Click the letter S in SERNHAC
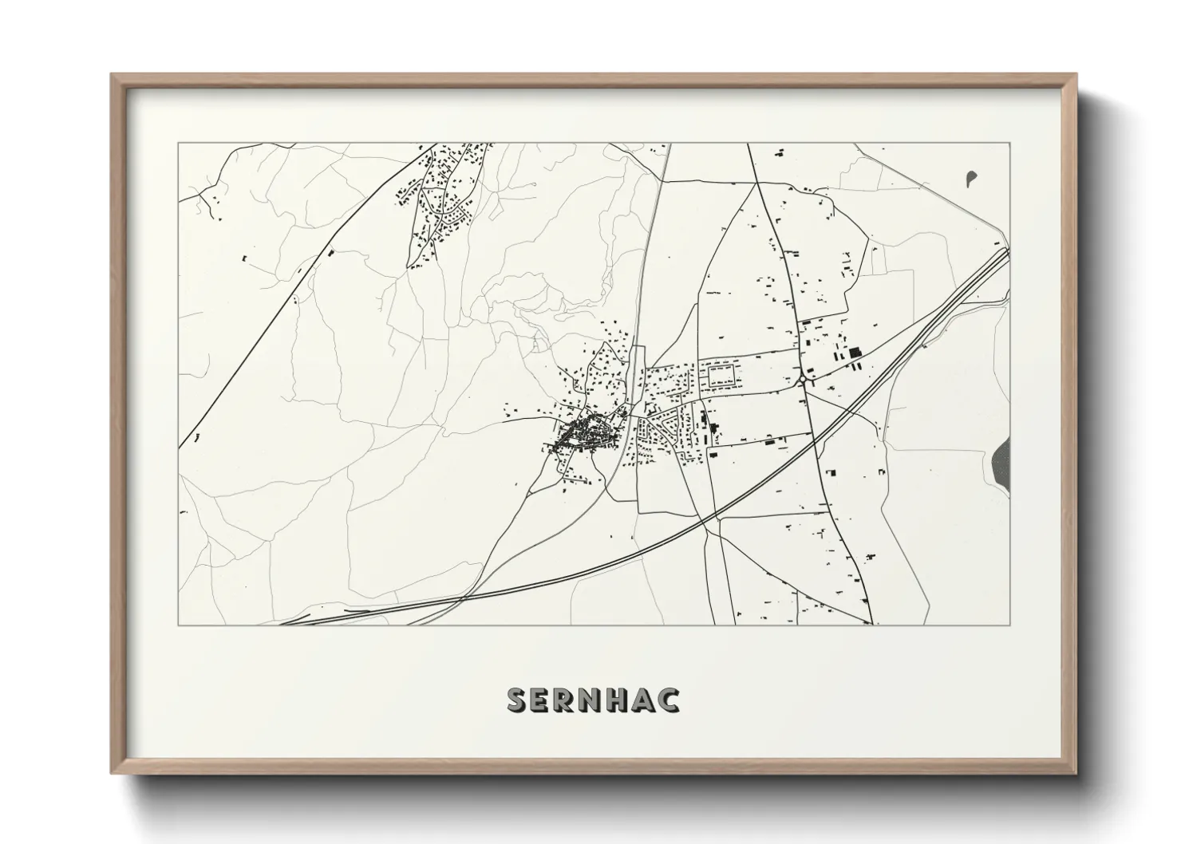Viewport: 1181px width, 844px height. (x=517, y=700)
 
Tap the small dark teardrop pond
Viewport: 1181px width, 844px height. (x=970, y=178)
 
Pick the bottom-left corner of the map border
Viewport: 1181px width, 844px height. (x=178, y=625)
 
